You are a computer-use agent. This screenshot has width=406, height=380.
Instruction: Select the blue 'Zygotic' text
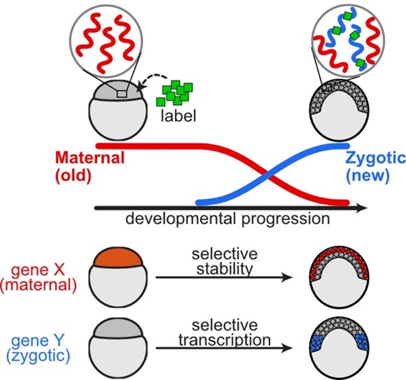(x=375, y=159)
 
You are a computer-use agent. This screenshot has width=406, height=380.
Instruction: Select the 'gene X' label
(x=42, y=268)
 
